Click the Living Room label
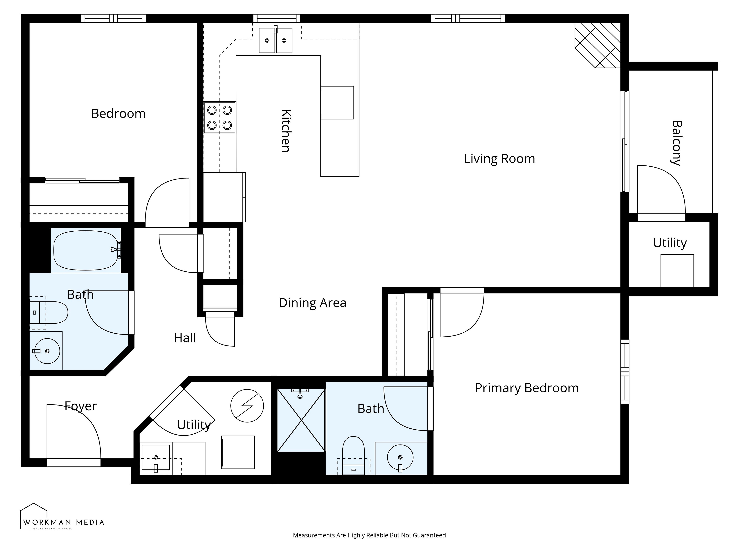[499, 159]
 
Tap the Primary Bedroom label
[527, 388]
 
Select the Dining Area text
[312, 303]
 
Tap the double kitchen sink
[276, 40]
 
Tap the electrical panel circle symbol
[247, 406]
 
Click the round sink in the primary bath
[400, 457]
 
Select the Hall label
[185, 338]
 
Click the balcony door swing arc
[661, 189]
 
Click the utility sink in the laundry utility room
[156, 457]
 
